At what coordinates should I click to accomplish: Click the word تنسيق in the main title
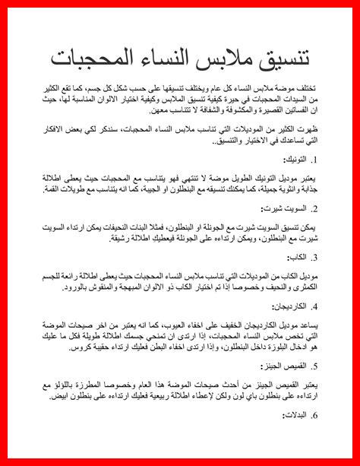point(280,58)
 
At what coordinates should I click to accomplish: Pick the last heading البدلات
point(295,415)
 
